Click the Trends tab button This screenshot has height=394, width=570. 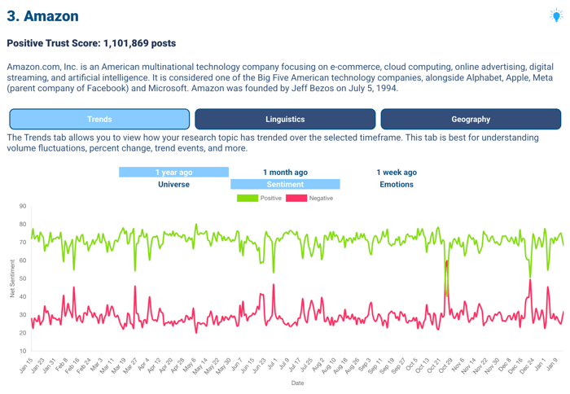[99, 120]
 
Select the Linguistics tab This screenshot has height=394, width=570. [285, 120]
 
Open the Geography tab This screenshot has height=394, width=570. [471, 120]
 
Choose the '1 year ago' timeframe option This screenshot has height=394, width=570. [173, 173]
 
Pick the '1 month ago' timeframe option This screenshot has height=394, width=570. [285, 173]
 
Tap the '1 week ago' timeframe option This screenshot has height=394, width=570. [397, 173]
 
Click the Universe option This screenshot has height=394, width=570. [173, 185]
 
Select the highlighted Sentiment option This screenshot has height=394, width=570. [285, 185]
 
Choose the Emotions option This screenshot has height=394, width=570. [397, 185]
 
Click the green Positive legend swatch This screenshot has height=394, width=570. [248, 198]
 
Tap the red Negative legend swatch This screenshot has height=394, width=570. [296, 198]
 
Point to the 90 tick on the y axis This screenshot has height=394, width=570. [23, 207]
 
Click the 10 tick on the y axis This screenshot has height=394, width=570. [23, 352]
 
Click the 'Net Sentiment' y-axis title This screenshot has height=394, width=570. [12, 278]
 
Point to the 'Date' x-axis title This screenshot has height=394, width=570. [297, 383]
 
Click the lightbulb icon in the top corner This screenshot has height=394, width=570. [555, 15]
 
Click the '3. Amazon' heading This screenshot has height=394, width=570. [42, 16]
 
